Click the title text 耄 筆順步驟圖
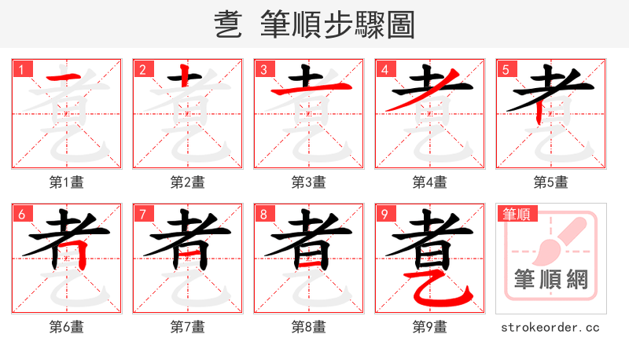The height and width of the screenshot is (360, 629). pos(314,25)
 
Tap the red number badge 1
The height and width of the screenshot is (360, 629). pos(21,69)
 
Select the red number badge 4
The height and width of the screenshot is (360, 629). pos(384,69)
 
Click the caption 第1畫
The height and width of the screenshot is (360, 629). pos(67,182)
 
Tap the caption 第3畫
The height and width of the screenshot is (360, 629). pos(309,182)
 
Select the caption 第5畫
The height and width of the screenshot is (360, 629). pos(551,182)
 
